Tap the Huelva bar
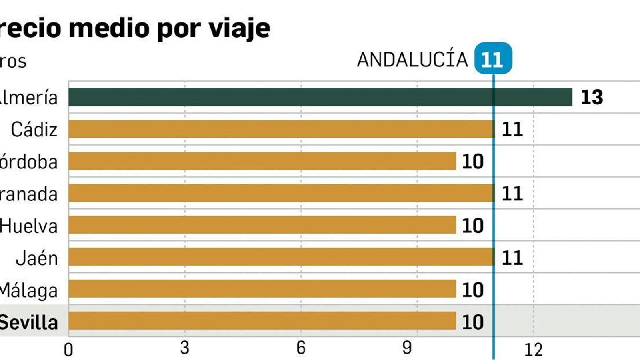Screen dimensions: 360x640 pos(262,225)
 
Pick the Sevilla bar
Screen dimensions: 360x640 pos(262,321)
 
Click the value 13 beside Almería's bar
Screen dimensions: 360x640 pos(592,97)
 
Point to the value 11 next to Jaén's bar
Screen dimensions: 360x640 pos(512,258)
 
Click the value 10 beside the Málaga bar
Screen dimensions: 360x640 pos(473,290)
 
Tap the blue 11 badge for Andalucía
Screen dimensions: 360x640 pos(492,59)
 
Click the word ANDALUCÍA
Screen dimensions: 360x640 pos(412,60)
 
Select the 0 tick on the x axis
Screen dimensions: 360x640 pos(68,350)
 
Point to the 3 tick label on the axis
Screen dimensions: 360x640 pos(184,348)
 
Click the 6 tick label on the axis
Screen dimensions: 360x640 pos(301,348)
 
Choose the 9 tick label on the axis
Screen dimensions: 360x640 pos(407,348)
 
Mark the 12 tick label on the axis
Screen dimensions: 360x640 pos(533,350)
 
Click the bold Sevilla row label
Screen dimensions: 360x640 pos(29,322)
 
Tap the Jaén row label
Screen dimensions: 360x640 pos(37,258)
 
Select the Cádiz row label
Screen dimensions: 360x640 pos(34,130)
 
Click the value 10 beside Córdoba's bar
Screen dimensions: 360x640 pos(473,162)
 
